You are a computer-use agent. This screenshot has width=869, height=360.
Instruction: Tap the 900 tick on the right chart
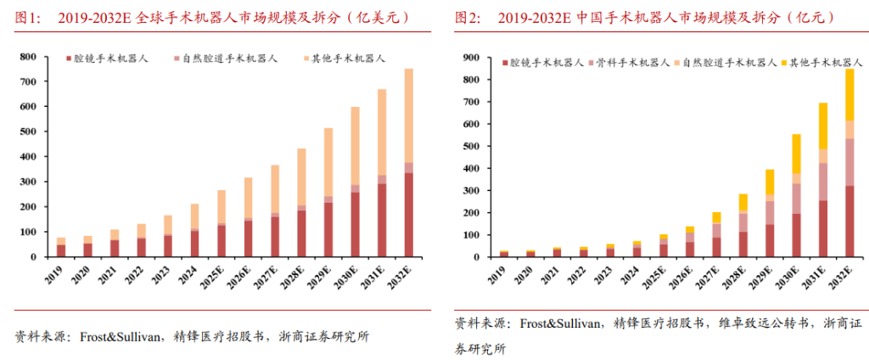(x=471, y=58)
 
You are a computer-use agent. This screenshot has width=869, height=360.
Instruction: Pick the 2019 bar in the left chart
(x=61, y=247)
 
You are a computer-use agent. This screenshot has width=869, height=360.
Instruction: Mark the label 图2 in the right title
(x=468, y=17)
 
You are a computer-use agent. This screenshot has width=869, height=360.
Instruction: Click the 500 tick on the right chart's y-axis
(x=471, y=146)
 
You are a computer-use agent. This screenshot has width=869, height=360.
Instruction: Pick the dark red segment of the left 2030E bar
(x=356, y=224)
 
